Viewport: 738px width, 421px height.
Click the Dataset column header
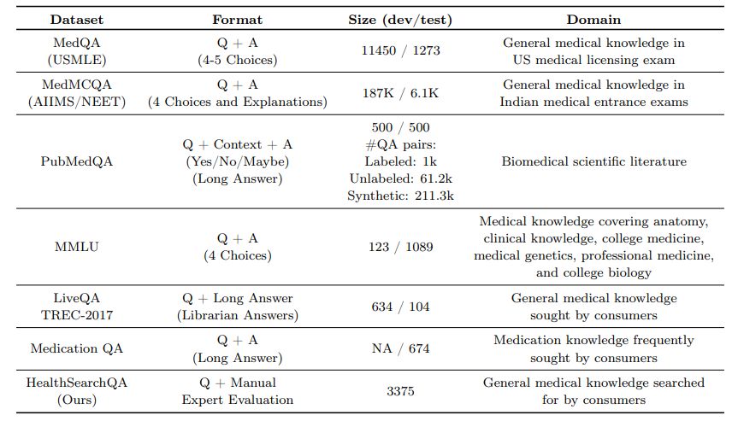(x=78, y=19)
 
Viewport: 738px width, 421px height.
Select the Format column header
(x=237, y=19)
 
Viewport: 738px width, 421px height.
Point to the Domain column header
(x=593, y=19)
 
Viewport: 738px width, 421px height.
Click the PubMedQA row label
(x=78, y=161)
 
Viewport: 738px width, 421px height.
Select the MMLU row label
(x=78, y=247)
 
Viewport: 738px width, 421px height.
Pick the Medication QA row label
(x=78, y=348)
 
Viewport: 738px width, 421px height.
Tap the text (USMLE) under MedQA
(x=78, y=59)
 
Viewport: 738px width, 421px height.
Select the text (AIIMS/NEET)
(x=78, y=102)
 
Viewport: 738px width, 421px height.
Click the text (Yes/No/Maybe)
(x=237, y=161)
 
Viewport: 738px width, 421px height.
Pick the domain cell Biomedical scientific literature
(x=593, y=161)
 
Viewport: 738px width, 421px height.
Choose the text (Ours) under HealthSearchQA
(x=78, y=400)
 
